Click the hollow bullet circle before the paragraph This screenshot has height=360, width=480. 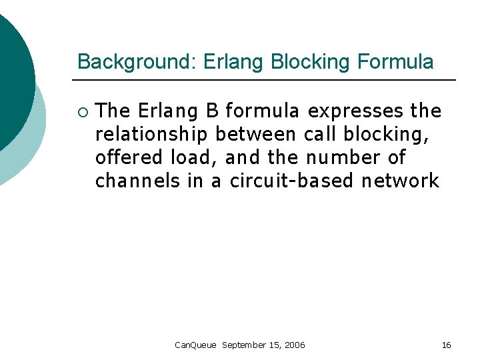[83, 111]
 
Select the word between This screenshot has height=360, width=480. [256, 134]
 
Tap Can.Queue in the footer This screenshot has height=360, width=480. [195, 345]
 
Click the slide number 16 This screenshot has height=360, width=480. [446, 345]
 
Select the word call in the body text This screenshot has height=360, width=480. [321, 134]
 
